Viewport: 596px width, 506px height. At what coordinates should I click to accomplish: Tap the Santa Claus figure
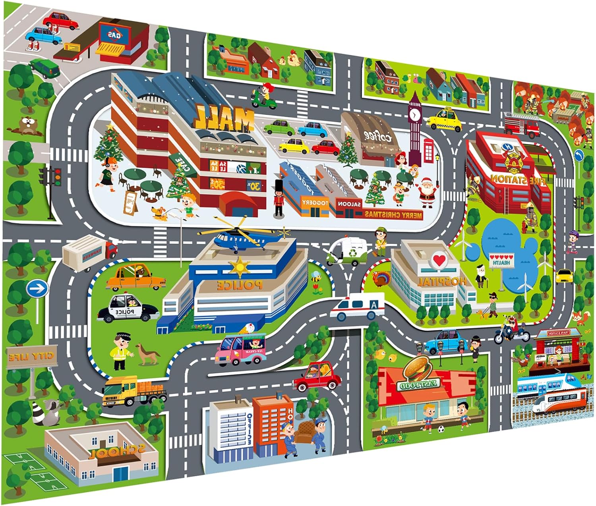pyautogui.click(x=427, y=192)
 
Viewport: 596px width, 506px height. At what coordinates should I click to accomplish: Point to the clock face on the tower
pyautogui.click(x=414, y=115)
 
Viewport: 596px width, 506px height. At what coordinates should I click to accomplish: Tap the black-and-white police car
pyautogui.click(x=127, y=308)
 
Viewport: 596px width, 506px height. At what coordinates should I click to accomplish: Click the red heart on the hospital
pyautogui.click(x=439, y=261)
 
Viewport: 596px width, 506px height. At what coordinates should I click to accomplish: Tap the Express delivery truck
pyautogui.click(x=89, y=253)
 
